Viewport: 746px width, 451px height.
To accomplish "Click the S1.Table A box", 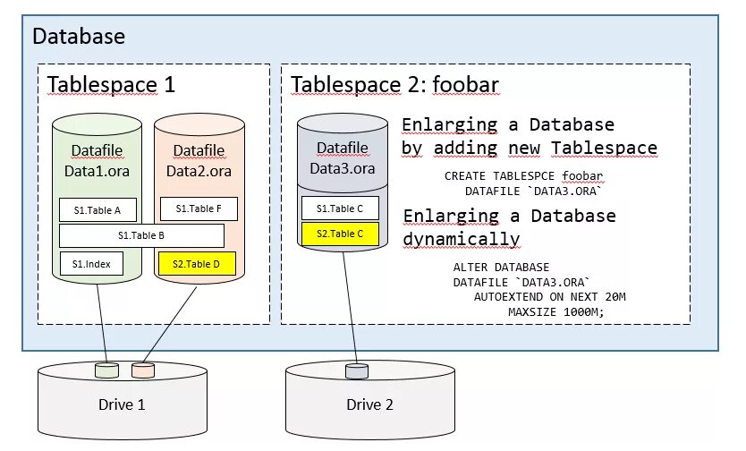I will [97, 209].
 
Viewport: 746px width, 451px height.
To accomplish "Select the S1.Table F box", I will [198, 208].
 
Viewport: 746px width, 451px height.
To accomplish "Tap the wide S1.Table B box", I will [140, 235].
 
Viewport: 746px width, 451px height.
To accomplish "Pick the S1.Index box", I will [91, 264].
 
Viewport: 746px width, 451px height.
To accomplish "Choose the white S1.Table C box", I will [340, 208].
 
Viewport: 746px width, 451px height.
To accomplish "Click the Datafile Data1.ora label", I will [97, 160].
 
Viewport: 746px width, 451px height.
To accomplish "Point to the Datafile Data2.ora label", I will [199, 160].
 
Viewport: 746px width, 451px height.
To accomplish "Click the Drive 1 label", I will [121, 404].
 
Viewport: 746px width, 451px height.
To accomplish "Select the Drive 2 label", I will [369, 404].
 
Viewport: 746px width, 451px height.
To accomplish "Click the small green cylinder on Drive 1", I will [107, 370].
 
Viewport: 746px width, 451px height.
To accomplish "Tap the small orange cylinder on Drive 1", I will [142, 370].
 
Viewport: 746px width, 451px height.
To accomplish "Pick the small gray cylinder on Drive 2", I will [356, 370].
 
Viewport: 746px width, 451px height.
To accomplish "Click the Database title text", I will [79, 37].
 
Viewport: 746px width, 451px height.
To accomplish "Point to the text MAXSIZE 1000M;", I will [555, 311].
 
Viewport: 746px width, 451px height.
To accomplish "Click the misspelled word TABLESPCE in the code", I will [514, 175].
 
